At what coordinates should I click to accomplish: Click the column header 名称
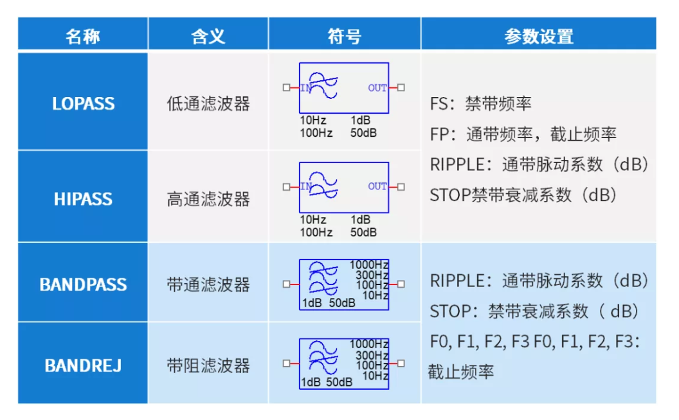(83, 37)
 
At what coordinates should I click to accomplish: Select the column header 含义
(208, 37)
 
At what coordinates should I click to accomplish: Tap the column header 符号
(344, 37)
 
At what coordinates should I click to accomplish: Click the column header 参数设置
(539, 37)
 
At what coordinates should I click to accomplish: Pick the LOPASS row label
(83, 104)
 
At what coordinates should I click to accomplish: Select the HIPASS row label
(83, 199)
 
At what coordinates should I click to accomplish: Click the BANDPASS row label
(83, 284)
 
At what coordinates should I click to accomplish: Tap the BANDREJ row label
(83, 366)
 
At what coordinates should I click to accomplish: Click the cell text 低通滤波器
(208, 104)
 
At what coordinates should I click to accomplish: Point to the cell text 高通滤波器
(208, 199)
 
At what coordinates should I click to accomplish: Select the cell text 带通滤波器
(208, 284)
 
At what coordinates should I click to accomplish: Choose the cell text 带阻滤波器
(208, 366)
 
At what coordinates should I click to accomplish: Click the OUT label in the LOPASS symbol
(377, 88)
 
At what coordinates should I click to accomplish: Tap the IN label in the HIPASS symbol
(305, 186)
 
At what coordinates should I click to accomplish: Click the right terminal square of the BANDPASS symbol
(401, 284)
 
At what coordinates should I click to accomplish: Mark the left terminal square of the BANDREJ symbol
(286, 363)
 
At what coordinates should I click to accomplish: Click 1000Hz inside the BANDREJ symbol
(369, 344)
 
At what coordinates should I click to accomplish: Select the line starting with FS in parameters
(480, 104)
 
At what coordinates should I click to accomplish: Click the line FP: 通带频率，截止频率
(523, 134)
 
